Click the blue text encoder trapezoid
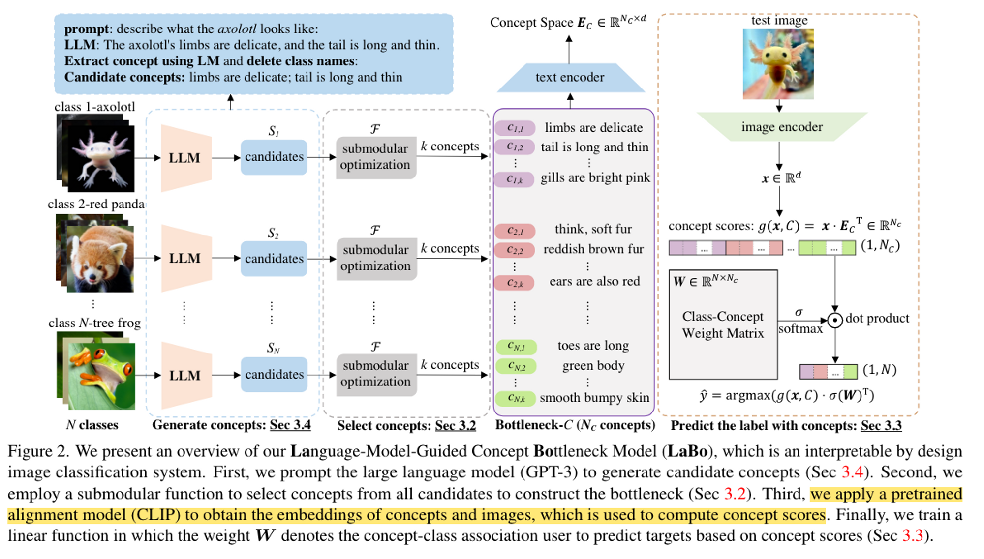(x=570, y=78)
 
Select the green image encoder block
(x=781, y=127)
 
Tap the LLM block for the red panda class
(x=185, y=258)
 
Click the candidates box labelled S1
(x=274, y=157)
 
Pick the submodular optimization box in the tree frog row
(x=376, y=374)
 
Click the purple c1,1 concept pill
(x=515, y=128)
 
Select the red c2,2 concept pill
(x=515, y=250)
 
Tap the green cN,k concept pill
(x=515, y=398)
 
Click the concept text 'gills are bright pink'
(x=595, y=178)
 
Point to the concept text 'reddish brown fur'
(x=593, y=249)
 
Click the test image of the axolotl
(x=778, y=64)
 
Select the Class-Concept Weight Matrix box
(x=723, y=324)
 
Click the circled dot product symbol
(x=834, y=320)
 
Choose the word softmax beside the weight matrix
(x=800, y=328)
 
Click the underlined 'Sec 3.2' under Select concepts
(x=455, y=426)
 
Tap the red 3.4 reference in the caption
(x=852, y=472)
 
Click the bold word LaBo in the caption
(x=687, y=451)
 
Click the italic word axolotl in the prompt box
(x=237, y=29)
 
